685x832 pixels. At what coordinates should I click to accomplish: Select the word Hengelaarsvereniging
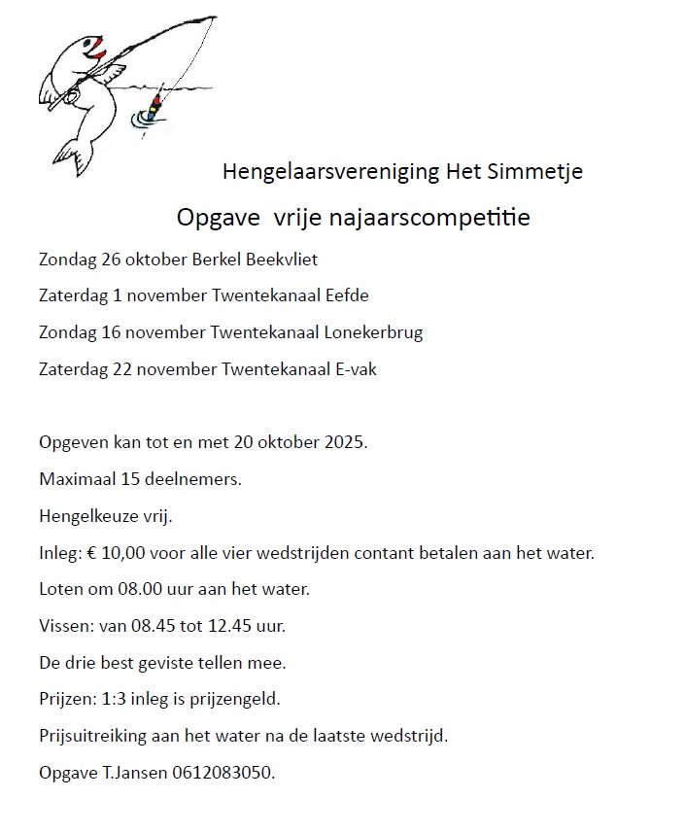tap(330, 172)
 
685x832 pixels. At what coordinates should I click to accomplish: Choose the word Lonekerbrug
tap(374, 331)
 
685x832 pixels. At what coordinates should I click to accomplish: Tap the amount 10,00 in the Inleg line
tap(125, 553)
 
